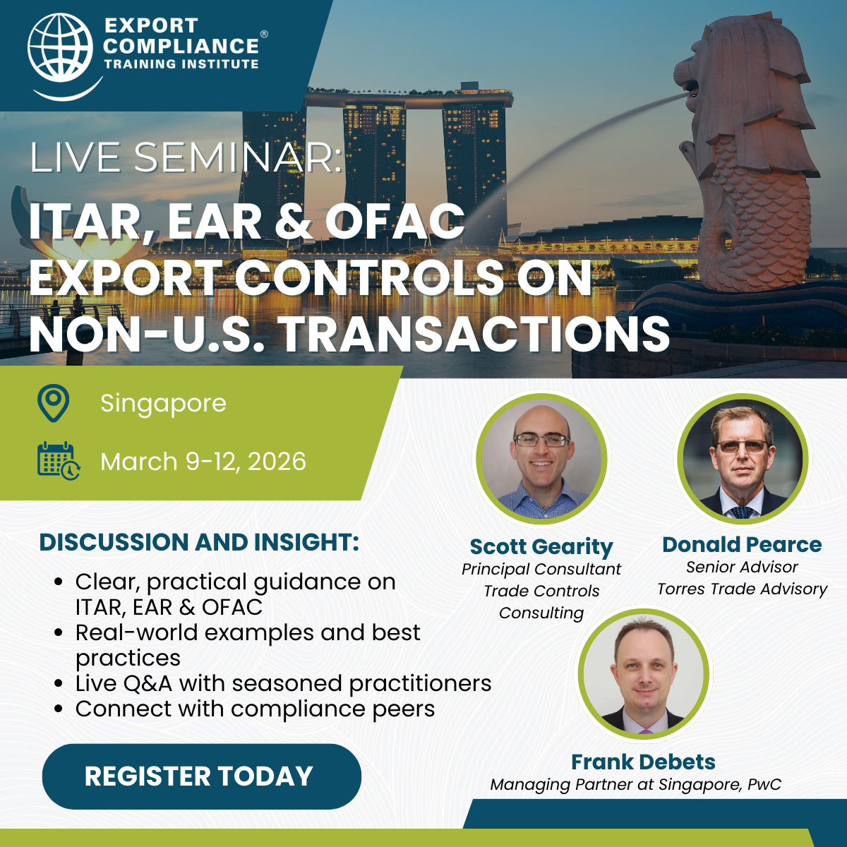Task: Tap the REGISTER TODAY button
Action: click(x=202, y=777)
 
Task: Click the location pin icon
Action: click(x=53, y=403)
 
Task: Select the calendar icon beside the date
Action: click(x=59, y=461)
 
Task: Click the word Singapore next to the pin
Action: click(x=163, y=404)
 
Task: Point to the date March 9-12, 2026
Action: click(x=203, y=462)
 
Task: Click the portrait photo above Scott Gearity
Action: click(x=541, y=458)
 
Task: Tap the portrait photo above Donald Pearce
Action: click(x=743, y=458)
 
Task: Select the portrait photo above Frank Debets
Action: click(x=643, y=674)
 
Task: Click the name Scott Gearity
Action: click(x=541, y=547)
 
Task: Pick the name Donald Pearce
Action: click(x=742, y=544)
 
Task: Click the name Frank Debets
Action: click(x=643, y=762)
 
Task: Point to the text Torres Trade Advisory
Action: click(x=742, y=589)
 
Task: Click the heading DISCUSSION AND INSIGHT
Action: click(x=199, y=542)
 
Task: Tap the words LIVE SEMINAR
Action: click(x=186, y=157)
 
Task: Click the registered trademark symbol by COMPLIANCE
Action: click(x=264, y=35)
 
